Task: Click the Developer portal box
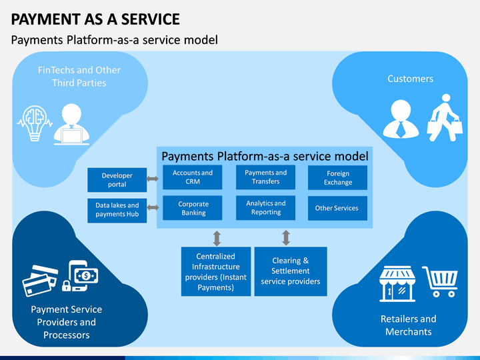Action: (x=117, y=180)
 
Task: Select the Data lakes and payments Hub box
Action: (x=117, y=210)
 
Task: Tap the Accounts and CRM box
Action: (x=192, y=177)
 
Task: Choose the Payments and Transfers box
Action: (x=265, y=177)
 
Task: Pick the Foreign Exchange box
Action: (x=337, y=177)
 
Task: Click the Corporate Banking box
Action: (x=192, y=208)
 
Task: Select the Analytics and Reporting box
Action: (x=265, y=208)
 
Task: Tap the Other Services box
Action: (x=337, y=208)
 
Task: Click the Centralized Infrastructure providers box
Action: (x=216, y=271)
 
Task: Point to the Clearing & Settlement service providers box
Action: (x=291, y=271)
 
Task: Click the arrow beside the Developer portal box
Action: (x=153, y=179)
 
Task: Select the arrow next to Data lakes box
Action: (x=153, y=207)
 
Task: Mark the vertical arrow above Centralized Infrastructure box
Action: (x=217, y=239)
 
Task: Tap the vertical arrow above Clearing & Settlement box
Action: (x=286, y=238)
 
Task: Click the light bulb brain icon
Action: (x=35, y=123)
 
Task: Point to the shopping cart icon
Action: (x=440, y=281)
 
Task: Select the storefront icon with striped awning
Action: (x=397, y=284)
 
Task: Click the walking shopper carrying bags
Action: (x=445, y=118)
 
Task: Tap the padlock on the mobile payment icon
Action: (x=67, y=286)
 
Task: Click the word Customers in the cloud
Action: (x=410, y=79)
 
